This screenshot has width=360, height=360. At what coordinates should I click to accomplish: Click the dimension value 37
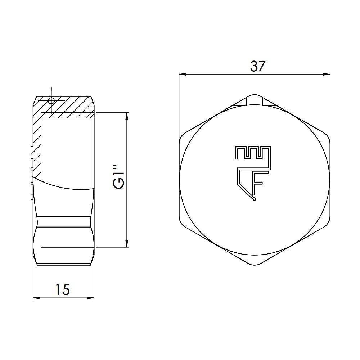257,66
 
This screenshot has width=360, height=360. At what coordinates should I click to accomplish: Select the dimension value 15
62,289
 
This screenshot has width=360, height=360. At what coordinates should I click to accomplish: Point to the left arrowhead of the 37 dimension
182,75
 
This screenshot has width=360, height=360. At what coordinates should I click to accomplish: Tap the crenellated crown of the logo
252,153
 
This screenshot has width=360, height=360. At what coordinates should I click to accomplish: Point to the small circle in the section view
51,100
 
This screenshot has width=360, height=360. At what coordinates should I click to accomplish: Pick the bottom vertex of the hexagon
255,266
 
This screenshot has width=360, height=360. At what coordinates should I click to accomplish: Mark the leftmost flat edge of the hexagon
179,180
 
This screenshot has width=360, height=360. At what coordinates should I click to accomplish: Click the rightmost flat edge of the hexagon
330,180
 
